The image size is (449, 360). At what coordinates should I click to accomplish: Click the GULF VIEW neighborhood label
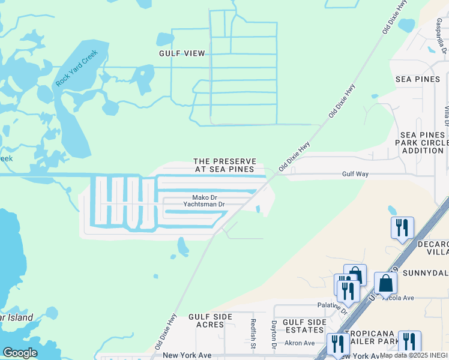(182, 53)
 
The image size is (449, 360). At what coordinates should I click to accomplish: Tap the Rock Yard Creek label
(77, 68)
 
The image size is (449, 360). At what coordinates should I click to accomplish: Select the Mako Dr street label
(203, 197)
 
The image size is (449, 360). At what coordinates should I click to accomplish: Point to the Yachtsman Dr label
(203, 204)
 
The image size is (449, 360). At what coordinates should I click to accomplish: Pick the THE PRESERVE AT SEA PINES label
(225, 166)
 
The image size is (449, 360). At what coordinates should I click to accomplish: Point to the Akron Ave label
(300, 343)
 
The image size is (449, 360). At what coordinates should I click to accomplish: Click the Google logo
(20, 353)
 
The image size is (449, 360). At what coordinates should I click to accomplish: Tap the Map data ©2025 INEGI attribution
(414, 355)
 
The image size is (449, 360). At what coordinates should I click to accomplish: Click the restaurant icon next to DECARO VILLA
(402, 227)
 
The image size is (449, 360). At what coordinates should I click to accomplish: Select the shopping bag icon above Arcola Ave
(385, 283)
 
